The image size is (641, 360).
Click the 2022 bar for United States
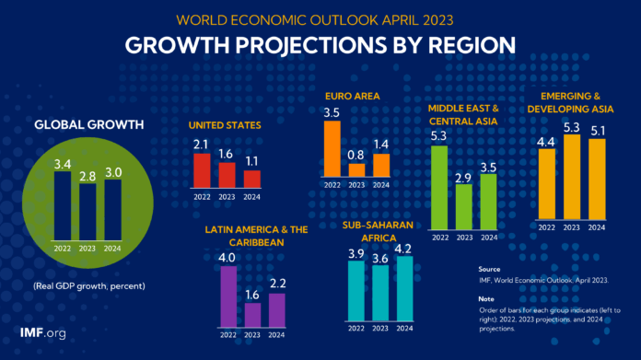click(202, 170)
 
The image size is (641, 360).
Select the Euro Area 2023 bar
click(355, 170)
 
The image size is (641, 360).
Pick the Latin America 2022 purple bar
click(228, 296)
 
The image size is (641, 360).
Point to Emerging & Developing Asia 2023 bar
click(572, 178)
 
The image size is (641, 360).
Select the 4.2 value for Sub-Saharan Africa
click(403, 248)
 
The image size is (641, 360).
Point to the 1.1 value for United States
click(251, 162)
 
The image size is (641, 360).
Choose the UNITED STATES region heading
click(226, 125)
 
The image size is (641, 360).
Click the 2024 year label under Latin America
click(277, 335)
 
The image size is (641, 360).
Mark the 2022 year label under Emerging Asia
click(547, 227)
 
